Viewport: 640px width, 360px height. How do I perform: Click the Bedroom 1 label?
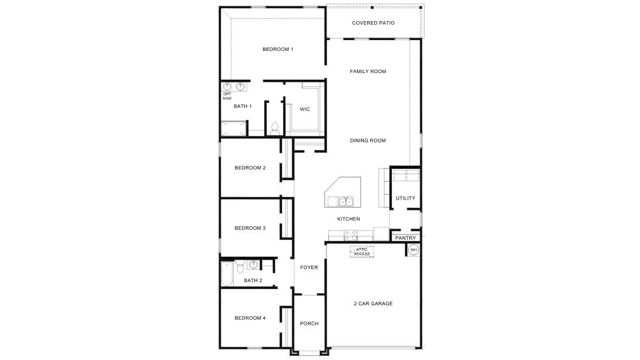pyautogui.click(x=278, y=49)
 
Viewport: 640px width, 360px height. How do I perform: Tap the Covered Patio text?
pyautogui.click(x=373, y=23)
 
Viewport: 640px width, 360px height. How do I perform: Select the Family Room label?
pyautogui.click(x=368, y=71)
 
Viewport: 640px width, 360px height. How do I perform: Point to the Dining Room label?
pyautogui.click(x=368, y=141)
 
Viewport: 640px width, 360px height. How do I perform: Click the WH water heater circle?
pyautogui.click(x=414, y=250)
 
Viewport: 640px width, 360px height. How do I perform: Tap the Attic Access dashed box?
pyautogui.click(x=362, y=252)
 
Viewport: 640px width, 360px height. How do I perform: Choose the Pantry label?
pyautogui.click(x=405, y=238)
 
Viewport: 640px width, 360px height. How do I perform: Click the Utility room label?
pyautogui.click(x=405, y=198)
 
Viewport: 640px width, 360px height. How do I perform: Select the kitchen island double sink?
pyautogui.click(x=345, y=202)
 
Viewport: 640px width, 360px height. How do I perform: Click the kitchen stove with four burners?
pyautogui.click(x=351, y=235)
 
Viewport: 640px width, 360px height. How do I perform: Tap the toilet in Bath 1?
pyautogui.click(x=275, y=128)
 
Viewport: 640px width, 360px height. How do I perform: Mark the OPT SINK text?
pyautogui.click(x=227, y=96)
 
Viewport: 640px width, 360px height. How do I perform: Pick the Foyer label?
pyautogui.click(x=309, y=267)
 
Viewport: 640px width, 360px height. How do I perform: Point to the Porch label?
pyautogui.click(x=309, y=324)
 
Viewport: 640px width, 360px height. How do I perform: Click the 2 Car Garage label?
pyautogui.click(x=373, y=304)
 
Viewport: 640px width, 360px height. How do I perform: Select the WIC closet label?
pyautogui.click(x=305, y=109)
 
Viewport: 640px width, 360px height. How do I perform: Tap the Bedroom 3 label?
pyautogui.click(x=250, y=228)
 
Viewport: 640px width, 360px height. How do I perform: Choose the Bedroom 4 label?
pyautogui.click(x=250, y=318)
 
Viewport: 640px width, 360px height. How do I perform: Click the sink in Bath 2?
pyautogui.click(x=253, y=264)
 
